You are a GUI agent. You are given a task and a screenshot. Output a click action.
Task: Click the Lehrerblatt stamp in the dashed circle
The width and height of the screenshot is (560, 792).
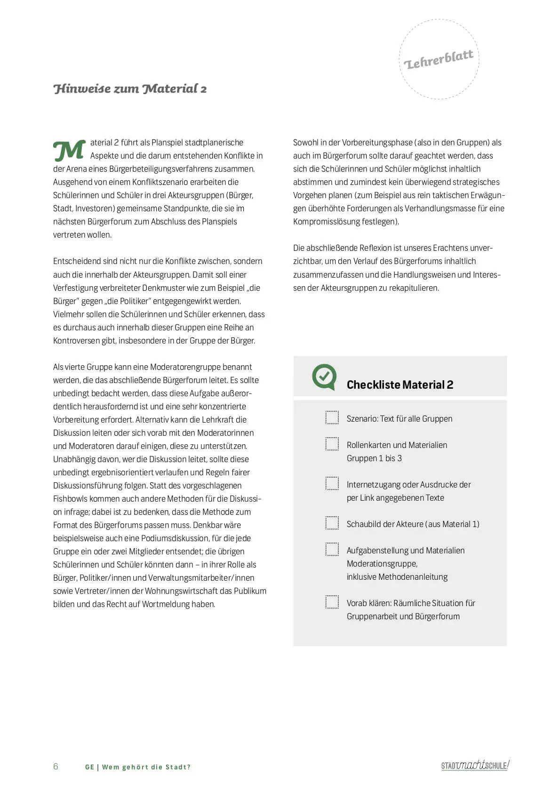pyautogui.click(x=439, y=60)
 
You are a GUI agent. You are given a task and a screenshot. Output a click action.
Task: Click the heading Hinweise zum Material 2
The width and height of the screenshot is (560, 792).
pyautogui.click(x=130, y=89)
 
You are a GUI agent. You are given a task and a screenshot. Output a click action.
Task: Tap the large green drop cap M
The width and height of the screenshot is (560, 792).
pyautogui.click(x=69, y=150)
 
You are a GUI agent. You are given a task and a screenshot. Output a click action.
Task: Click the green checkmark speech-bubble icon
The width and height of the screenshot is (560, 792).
pyautogui.click(x=324, y=376)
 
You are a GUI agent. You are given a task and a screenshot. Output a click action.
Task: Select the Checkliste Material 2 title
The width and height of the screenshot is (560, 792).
pyautogui.click(x=400, y=385)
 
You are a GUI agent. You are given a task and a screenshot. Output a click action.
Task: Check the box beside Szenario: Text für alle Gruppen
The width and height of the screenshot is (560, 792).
pyautogui.click(x=332, y=417)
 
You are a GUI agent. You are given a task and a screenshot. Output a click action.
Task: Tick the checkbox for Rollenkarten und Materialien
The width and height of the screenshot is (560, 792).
pyautogui.click(x=332, y=444)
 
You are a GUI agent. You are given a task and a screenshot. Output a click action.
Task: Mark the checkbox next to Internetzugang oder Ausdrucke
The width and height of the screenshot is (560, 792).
pyautogui.click(x=332, y=483)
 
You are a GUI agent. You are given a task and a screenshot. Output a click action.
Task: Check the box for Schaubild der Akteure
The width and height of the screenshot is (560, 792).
pyautogui.click(x=332, y=523)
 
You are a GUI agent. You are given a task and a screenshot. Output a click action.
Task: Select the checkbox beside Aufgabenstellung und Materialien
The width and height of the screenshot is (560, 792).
pyautogui.click(x=332, y=549)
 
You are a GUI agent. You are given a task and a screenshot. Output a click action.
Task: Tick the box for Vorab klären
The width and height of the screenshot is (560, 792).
pyautogui.click(x=332, y=602)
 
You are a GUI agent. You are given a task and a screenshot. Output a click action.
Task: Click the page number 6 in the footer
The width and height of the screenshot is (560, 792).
pyautogui.click(x=56, y=767)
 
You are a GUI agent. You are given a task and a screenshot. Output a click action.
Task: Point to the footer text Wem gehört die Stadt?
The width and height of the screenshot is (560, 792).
pyautogui.click(x=146, y=767)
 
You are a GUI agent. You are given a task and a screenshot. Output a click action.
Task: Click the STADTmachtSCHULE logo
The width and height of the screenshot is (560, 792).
pyautogui.click(x=475, y=765)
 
